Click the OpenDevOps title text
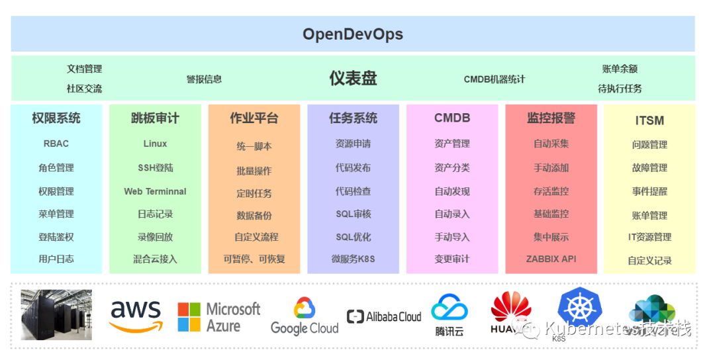click(x=353, y=34)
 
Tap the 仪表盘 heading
click(x=353, y=78)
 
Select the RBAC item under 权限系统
click(x=56, y=144)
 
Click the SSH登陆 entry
click(x=155, y=168)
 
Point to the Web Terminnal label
click(x=155, y=191)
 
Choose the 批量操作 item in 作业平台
click(x=254, y=170)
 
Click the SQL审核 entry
click(x=353, y=214)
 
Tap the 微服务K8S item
click(x=353, y=259)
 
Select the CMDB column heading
click(x=452, y=118)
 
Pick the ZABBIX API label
click(x=551, y=259)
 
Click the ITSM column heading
click(x=649, y=120)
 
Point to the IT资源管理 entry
click(x=649, y=237)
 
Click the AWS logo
click(x=136, y=316)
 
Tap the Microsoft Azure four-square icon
click(x=189, y=317)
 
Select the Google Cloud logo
click(x=305, y=316)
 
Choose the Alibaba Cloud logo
click(x=384, y=317)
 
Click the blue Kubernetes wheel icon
click(x=580, y=308)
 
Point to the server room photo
click(x=56, y=314)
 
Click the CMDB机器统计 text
click(x=494, y=79)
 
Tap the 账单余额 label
click(x=620, y=69)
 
